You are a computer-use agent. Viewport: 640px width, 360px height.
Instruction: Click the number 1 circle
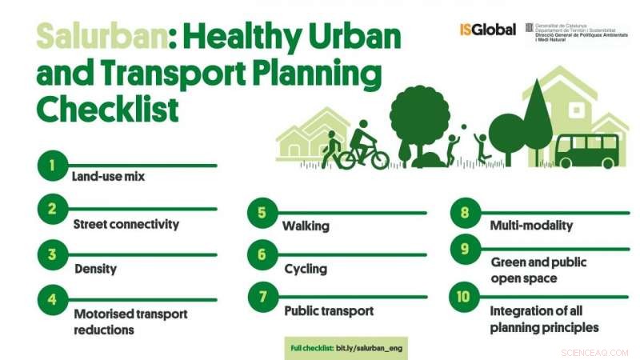click(51, 166)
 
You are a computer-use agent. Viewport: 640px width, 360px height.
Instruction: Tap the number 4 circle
click(51, 300)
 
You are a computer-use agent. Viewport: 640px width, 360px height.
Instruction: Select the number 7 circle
click(262, 297)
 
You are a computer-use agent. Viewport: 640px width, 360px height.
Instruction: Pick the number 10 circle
click(463, 297)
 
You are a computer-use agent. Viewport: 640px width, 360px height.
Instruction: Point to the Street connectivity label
click(126, 224)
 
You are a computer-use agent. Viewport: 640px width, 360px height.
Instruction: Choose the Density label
click(96, 269)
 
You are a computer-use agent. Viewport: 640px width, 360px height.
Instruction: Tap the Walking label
click(306, 226)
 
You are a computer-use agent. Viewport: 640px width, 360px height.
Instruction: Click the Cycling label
click(306, 269)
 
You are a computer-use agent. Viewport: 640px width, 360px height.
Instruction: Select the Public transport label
click(329, 310)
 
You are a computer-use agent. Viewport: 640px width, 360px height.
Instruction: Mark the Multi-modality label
click(531, 226)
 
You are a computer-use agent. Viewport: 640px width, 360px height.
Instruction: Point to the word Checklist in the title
click(107, 109)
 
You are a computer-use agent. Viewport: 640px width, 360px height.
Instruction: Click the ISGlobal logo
click(487, 30)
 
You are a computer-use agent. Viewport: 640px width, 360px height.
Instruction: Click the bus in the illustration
click(586, 151)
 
